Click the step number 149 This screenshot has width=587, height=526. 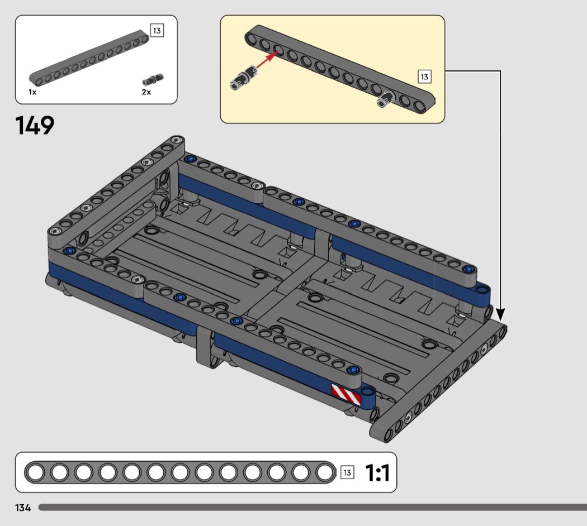[35, 125]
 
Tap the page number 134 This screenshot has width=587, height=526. [23, 508]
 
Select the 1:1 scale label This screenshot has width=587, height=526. [377, 473]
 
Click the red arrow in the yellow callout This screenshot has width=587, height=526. [267, 60]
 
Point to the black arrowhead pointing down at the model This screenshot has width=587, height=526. [500, 314]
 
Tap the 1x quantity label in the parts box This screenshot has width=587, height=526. [32, 92]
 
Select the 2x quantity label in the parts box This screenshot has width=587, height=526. [146, 92]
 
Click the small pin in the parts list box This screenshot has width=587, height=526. [153, 80]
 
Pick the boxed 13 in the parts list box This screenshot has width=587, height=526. [157, 30]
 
